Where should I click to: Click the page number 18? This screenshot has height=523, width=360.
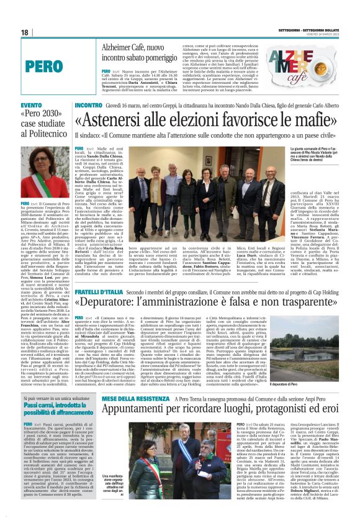(x=25, y=32)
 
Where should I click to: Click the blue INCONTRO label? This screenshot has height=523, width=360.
(x=89, y=106)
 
